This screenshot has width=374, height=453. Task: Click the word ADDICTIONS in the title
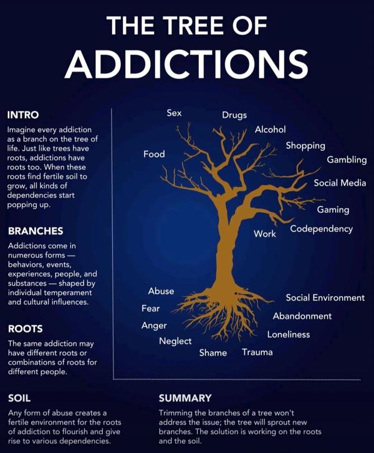187,64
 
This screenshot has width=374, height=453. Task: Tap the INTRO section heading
23,115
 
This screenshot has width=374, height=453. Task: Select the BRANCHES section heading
36,231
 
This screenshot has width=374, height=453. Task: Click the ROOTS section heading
26,329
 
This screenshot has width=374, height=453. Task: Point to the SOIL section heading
19,398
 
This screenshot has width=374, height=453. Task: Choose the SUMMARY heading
185,398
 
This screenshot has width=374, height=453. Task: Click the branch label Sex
174,113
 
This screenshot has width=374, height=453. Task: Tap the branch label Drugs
234,115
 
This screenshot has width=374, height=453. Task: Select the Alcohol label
270,129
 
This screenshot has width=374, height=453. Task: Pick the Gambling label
347,160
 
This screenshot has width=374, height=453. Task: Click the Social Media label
340,183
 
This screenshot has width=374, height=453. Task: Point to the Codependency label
322,229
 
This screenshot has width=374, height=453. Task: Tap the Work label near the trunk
265,234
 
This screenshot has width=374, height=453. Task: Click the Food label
154,154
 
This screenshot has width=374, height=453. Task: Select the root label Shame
213,353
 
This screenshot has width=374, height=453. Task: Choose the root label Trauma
257,352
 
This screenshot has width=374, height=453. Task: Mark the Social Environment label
325,298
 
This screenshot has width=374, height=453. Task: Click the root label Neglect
175,341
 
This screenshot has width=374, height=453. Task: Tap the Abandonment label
302,316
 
